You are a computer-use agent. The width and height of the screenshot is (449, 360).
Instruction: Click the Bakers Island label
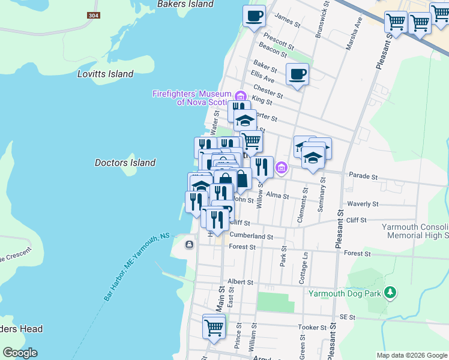coord(185,4)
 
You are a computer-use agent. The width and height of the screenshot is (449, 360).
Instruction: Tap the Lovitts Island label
coord(105,74)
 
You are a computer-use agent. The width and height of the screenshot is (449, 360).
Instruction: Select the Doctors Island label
coord(125,163)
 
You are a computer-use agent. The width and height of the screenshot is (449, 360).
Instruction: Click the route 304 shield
coord(92,15)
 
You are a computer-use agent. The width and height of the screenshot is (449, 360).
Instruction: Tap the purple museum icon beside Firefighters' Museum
coord(240,95)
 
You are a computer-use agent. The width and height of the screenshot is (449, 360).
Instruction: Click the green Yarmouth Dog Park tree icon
coord(391,292)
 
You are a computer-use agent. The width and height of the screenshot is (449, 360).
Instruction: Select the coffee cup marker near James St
coord(254,15)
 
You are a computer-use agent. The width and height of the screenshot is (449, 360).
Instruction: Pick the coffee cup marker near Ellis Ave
coord(297,74)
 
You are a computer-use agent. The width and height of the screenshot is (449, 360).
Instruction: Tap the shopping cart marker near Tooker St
coord(214,327)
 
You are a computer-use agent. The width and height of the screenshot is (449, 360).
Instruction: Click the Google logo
coord(20,352)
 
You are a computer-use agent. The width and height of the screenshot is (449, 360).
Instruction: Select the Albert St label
coord(241,281)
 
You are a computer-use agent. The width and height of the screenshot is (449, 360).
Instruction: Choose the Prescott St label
coord(279,42)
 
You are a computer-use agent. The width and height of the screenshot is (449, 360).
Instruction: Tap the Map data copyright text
coord(411,355)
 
